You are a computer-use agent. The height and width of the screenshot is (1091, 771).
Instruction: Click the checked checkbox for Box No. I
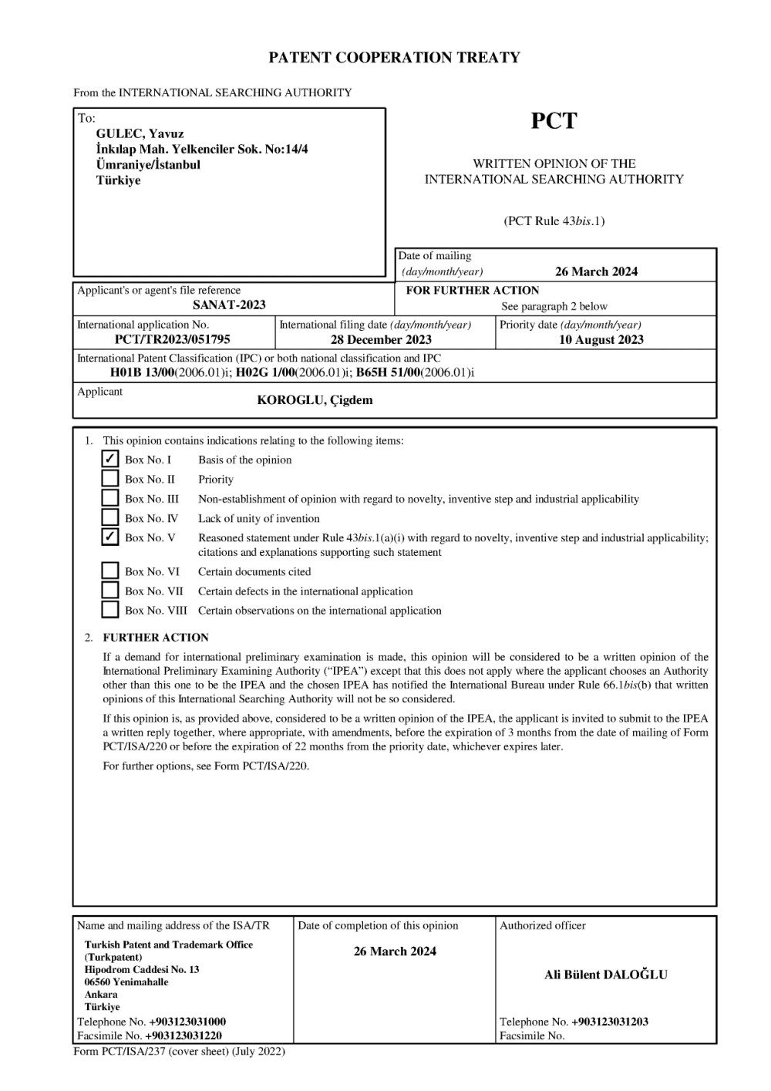[110, 460]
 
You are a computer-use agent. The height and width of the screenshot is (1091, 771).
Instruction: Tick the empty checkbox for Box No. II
[110, 479]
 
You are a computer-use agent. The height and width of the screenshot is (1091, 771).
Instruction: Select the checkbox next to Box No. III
[110, 498]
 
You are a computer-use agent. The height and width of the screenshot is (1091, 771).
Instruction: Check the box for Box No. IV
[110, 517]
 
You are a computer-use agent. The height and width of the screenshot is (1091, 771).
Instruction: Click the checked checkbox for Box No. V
[110, 537]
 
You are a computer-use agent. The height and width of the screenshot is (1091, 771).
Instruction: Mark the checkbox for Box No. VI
[110, 571]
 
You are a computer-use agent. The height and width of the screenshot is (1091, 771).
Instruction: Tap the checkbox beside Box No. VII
[110, 591]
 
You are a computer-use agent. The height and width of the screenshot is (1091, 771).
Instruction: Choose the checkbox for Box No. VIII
[110, 610]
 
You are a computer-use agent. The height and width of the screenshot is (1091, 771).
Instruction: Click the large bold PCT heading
[554, 121]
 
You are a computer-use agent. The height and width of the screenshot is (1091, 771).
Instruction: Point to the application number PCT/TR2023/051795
[172, 339]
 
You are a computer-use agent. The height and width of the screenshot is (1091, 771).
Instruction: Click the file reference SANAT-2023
[229, 305]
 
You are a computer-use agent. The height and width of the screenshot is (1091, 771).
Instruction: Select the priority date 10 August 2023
[601, 339]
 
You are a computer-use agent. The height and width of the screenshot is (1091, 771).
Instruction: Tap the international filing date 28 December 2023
[381, 339]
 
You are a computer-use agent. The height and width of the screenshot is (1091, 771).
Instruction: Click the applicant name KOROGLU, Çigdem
[315, 399]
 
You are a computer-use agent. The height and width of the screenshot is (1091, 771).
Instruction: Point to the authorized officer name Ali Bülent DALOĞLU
[606, 975]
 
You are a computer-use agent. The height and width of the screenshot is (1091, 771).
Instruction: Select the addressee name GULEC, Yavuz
[140, 133]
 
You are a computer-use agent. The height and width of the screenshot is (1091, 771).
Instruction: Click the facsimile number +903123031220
[185, 1035]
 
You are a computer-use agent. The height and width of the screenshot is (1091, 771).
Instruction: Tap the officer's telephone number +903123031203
[610, 1022]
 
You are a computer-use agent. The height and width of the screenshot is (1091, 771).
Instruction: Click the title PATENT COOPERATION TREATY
[394, 58]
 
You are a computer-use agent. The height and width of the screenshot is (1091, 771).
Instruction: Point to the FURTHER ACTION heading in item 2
[156, 638]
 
